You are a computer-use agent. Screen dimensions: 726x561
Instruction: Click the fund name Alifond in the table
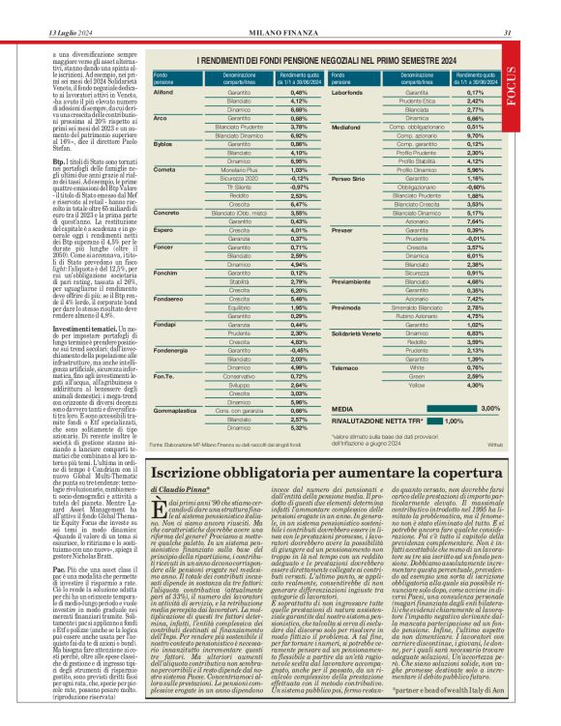[x=163, y=92]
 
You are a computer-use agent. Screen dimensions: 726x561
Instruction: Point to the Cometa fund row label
[x=163, y=169]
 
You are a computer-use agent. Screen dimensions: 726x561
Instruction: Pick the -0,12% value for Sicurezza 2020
[x=299, y=178]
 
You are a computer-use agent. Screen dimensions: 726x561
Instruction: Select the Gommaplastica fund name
[x=175, y=410]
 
